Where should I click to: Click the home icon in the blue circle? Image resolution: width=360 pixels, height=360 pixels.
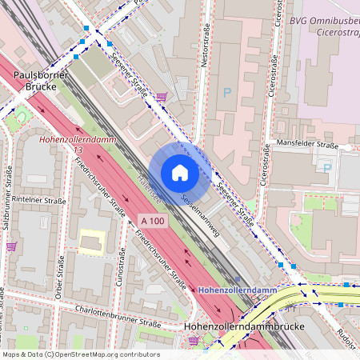point(180,173)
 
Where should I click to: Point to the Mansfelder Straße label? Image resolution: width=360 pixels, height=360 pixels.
point(306,145)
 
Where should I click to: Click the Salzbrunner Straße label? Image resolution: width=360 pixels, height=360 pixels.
point(7,197)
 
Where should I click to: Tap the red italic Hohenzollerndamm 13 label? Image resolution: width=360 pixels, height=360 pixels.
point(71,144)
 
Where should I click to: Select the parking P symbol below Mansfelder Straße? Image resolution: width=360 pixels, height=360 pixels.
point(326,166)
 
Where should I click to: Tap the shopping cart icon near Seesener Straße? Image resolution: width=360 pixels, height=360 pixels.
point(162,97)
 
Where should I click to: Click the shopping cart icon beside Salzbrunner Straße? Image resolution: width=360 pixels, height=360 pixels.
point(11,246)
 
